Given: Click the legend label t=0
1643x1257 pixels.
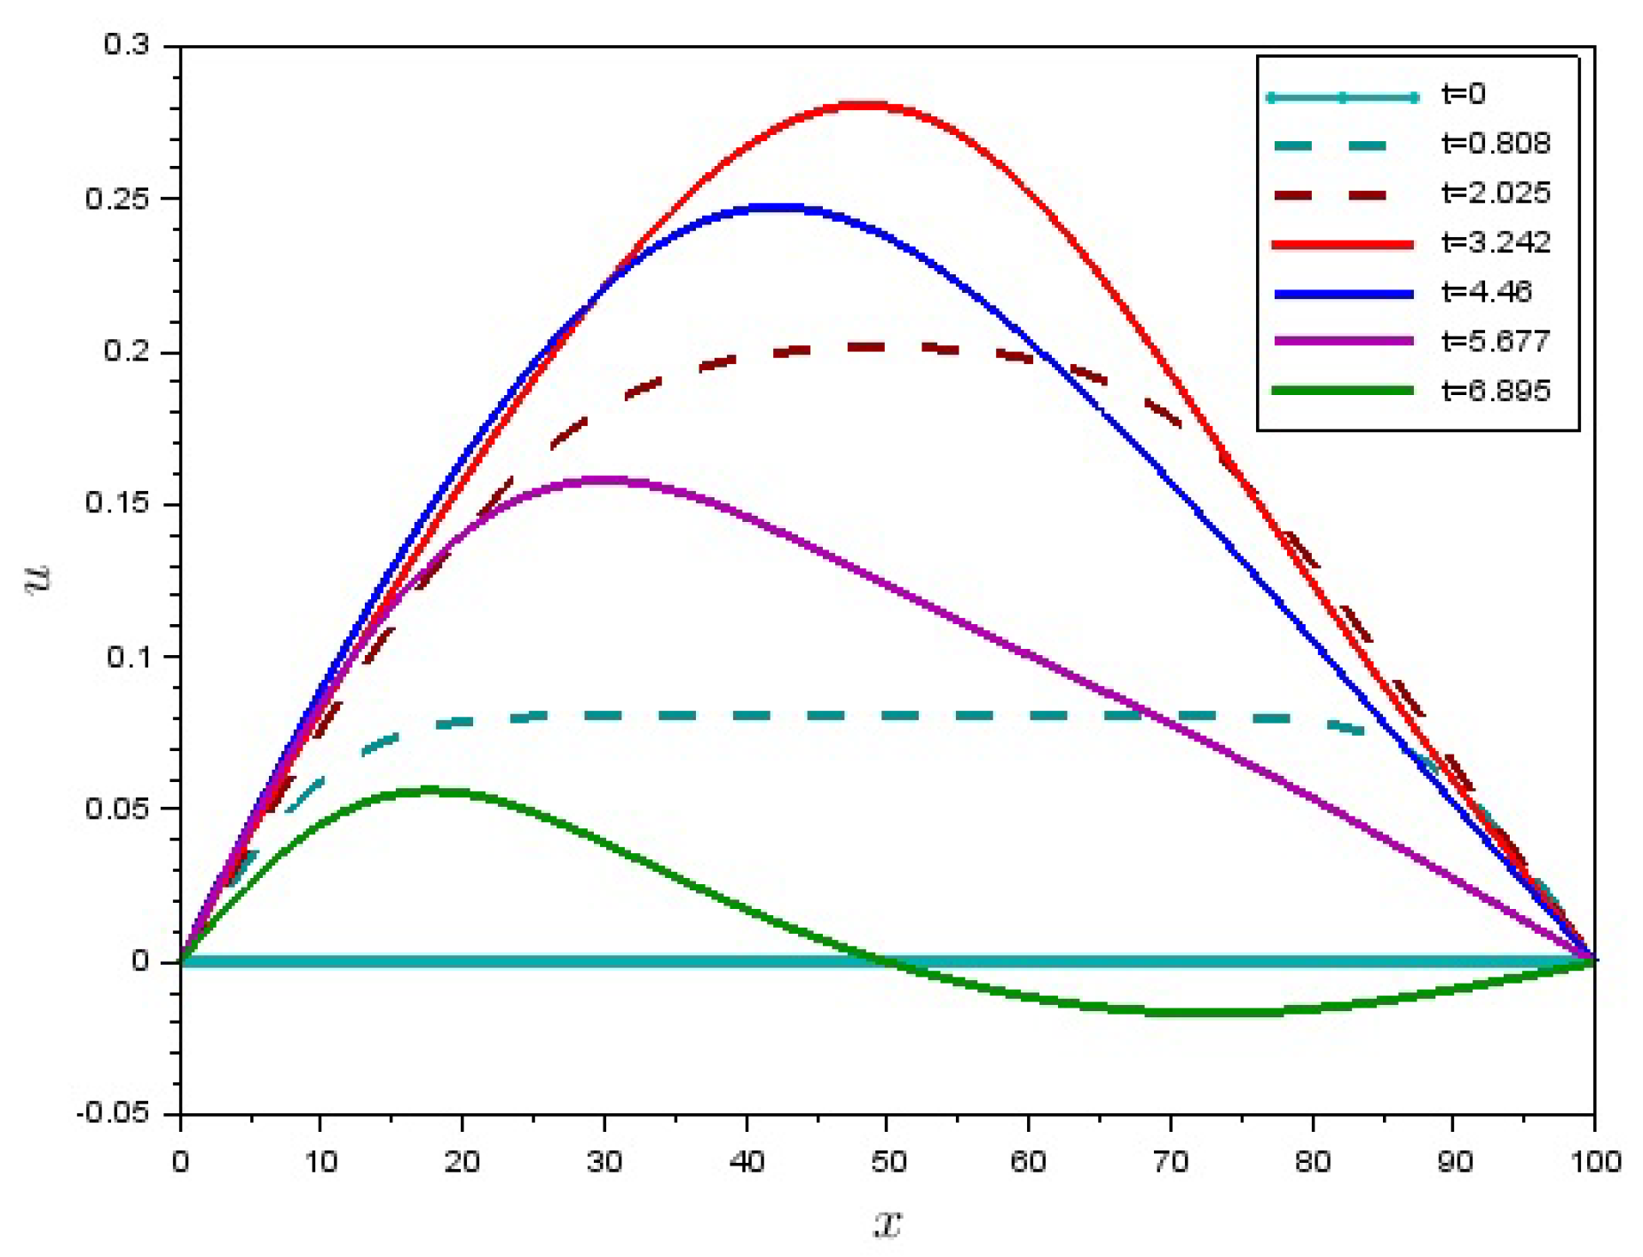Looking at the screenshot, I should click(x=1463, y=94).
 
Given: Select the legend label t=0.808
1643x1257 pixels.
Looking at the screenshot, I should click(x=1496, y=144).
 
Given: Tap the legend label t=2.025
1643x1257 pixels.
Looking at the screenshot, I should click(x=1496, y=194).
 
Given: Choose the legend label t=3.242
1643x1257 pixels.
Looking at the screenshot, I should click(x=1496, y=242).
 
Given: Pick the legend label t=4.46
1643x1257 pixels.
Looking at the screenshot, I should click(x=1487, y=292).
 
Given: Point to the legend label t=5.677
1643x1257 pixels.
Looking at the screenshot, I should click(x=1496, y=342).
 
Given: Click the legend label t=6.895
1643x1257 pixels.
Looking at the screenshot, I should click(x=1496, y=391).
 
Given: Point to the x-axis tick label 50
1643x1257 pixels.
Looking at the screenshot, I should click(x=887, y=1161).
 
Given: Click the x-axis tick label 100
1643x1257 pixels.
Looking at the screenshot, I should click(x=1595, y=1161).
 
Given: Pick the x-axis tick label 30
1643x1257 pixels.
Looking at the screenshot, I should click(x=604, y=1161).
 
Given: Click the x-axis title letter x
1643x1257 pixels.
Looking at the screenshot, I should click(x=887, y=1224).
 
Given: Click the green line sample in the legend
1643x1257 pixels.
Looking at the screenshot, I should click(x=1342, y=391).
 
